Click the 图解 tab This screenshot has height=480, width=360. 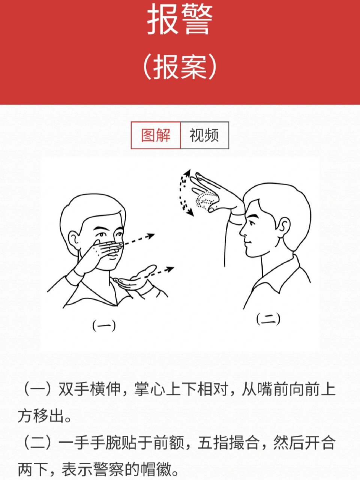(156, 135)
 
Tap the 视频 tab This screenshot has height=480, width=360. (204, 135)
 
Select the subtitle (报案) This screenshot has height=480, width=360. (180, 67)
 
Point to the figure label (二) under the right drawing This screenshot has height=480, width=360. (268, 319)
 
